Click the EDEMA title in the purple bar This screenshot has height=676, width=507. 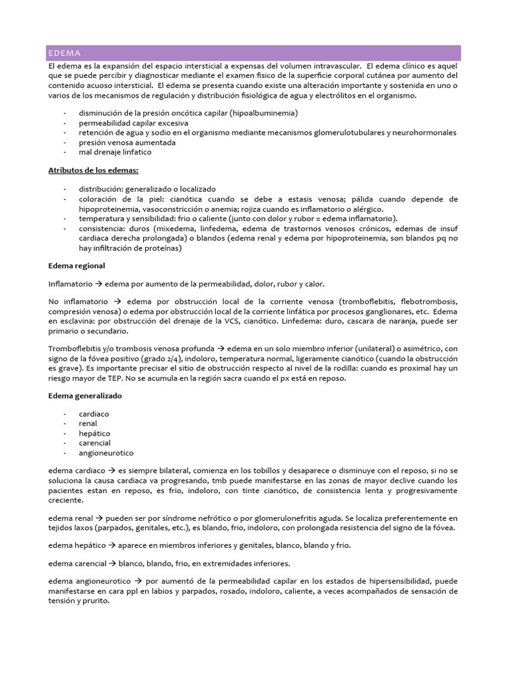(x=64, y=53)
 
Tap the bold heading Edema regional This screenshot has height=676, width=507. (x=77, y=265)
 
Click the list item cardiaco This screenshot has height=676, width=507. (x=94, y=414)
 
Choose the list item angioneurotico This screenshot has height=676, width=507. (x=106, y=453)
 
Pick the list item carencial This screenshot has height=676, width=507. (x=94, y=443)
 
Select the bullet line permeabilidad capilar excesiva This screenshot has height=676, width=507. (x=133, y=123)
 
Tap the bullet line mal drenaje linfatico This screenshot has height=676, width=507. (x=115, y=152)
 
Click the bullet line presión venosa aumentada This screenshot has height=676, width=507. (x=127, y=142)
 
